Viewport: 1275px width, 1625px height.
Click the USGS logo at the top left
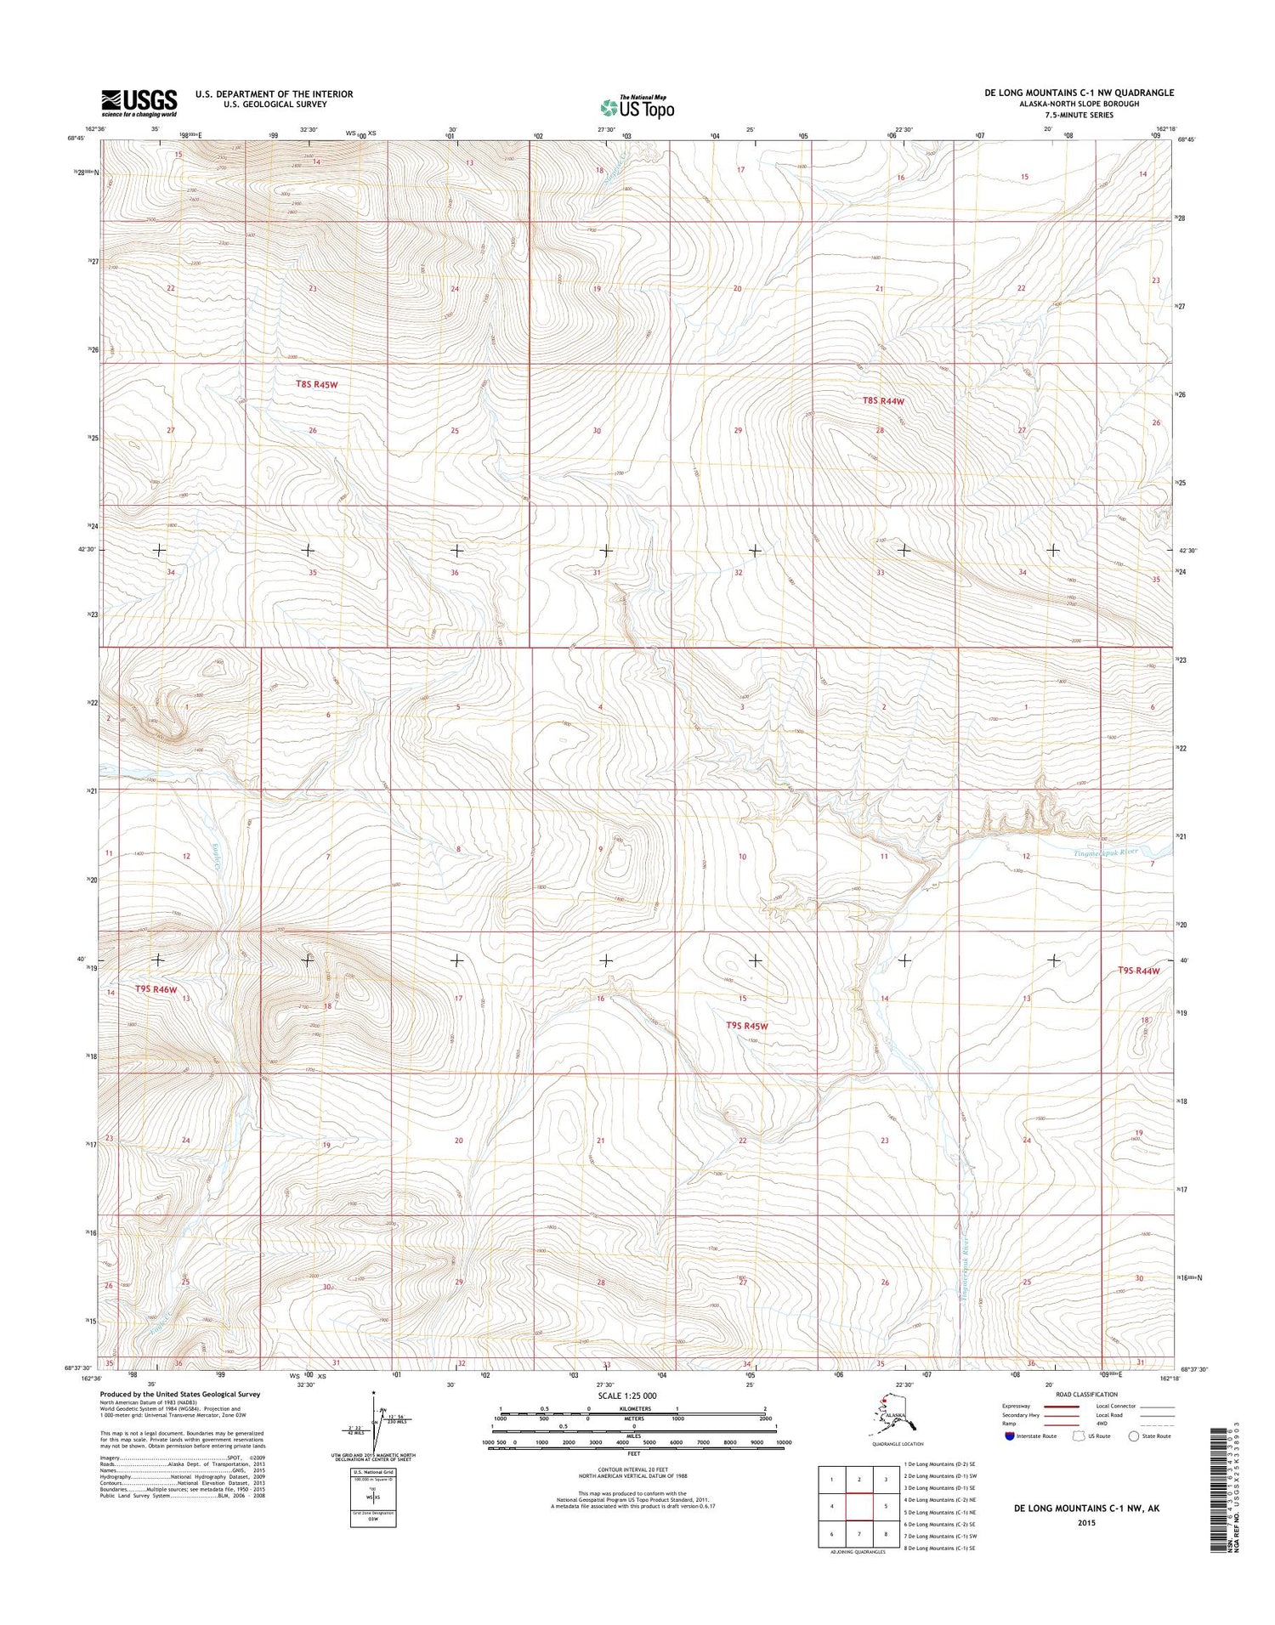point(139,103)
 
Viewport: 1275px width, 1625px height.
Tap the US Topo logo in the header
point(637,107)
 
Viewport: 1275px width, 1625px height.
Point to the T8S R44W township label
point(883,400)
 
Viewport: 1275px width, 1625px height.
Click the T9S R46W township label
point(156,988)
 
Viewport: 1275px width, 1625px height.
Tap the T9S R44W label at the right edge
point(1138,971)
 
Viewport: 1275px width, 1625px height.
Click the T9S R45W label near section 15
point(747,1026)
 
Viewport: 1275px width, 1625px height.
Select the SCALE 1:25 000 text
point(633,1396)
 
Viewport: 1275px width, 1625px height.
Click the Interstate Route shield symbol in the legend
point(1009,1435)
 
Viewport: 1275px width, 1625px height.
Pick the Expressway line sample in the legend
point(1062,1407)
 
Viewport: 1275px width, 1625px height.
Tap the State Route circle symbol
point(1133,1435)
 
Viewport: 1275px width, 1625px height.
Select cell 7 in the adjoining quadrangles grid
point(859,1534)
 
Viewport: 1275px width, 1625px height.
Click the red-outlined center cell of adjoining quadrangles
point(859,1507)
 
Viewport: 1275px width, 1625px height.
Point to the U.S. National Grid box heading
point(372,1472)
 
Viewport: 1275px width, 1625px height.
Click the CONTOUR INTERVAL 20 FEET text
point(633,1469)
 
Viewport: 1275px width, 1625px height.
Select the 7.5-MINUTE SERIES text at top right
point(1079,115)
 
